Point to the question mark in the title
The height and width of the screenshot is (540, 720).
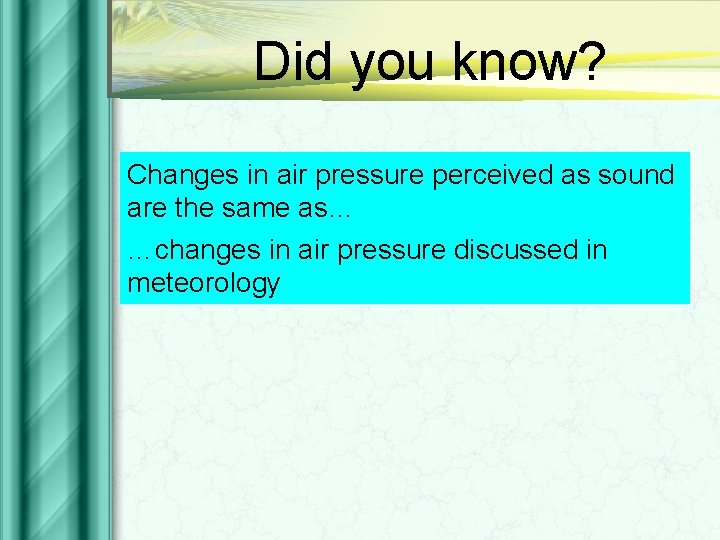click(x=591, y=62)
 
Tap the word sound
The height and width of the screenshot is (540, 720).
click(x=638, y=175)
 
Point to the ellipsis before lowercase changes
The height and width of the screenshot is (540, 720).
click(x=142, y=252)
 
